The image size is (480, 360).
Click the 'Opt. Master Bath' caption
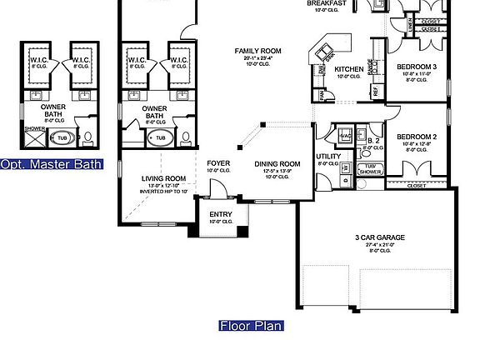pos(51,164)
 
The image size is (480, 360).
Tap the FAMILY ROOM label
pos(257,52)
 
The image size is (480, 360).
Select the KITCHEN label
pos(347,69)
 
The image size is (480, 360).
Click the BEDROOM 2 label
pos(417,137)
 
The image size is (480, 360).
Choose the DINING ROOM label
pos(277,164)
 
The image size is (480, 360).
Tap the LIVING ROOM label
pos(162,178)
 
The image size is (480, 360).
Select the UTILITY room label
pos(327,157)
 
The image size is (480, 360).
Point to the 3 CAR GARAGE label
pos(379,237)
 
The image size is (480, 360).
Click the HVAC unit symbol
pos(345,134)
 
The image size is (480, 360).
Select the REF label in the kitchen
pos(375,90)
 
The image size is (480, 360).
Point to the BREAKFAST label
pos(327,3)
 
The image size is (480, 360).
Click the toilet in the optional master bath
pos(88,135)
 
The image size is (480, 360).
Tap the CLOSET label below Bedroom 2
pos(417,186)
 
